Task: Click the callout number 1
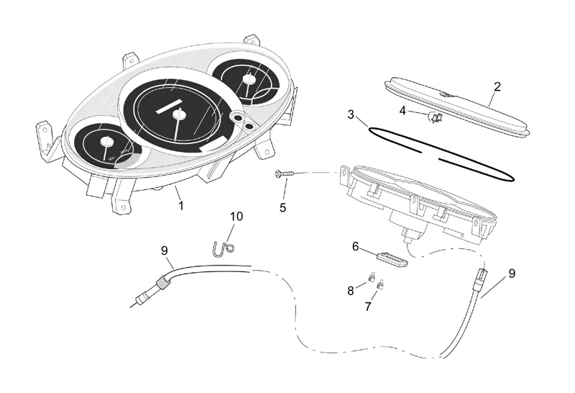pos(181,205)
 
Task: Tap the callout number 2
pos(497,87)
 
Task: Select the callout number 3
pos(351,114)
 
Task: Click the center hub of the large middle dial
pos(178,115)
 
